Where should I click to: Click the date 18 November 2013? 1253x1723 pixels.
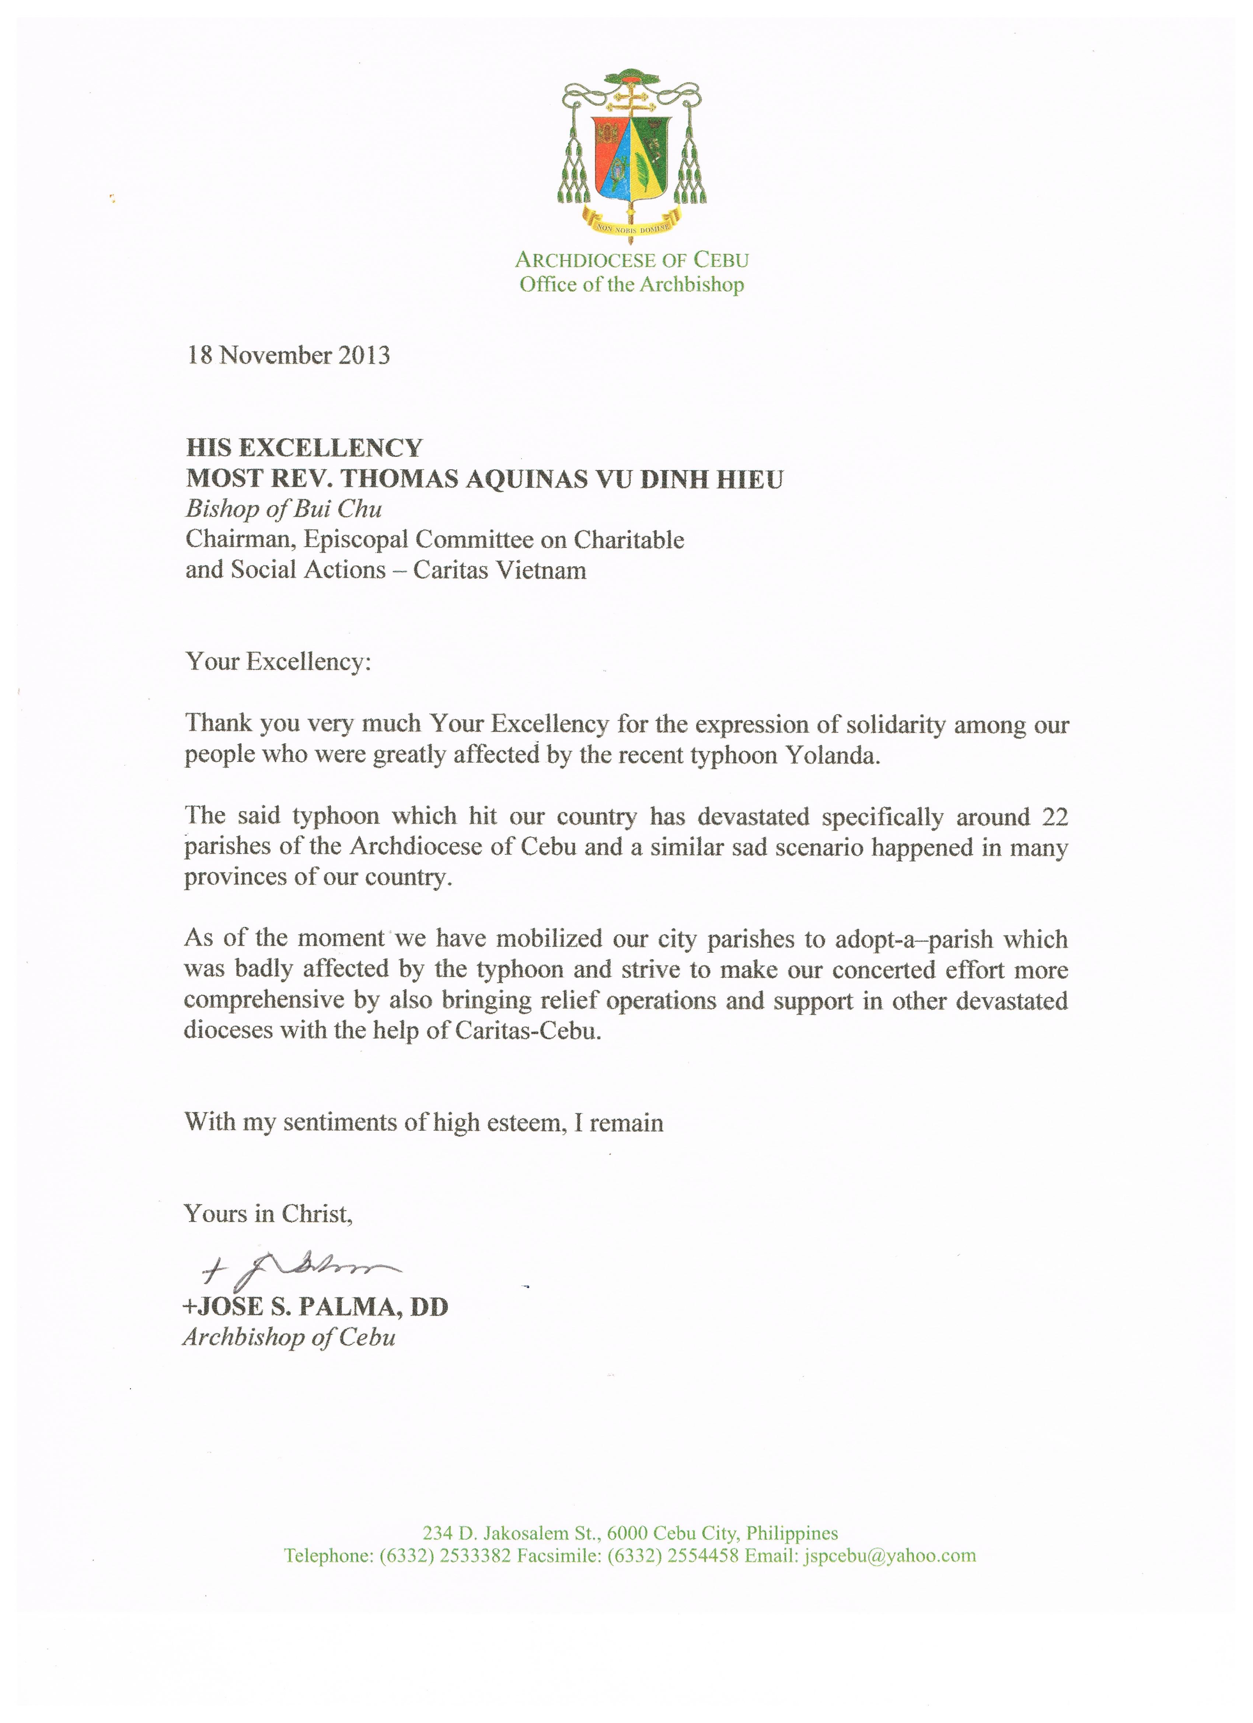pyautogui.click(x=289, y=356)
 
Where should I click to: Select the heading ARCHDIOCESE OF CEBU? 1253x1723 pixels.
pyautogui.click(x=631, y=260)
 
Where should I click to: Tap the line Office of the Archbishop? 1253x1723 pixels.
pyautogui.click(x=631, y=285)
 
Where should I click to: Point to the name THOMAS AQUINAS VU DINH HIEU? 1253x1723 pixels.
pyautogui.click(x=562, y=479)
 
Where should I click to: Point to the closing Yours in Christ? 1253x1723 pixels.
pyautogui.click(x=268, y=1214)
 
